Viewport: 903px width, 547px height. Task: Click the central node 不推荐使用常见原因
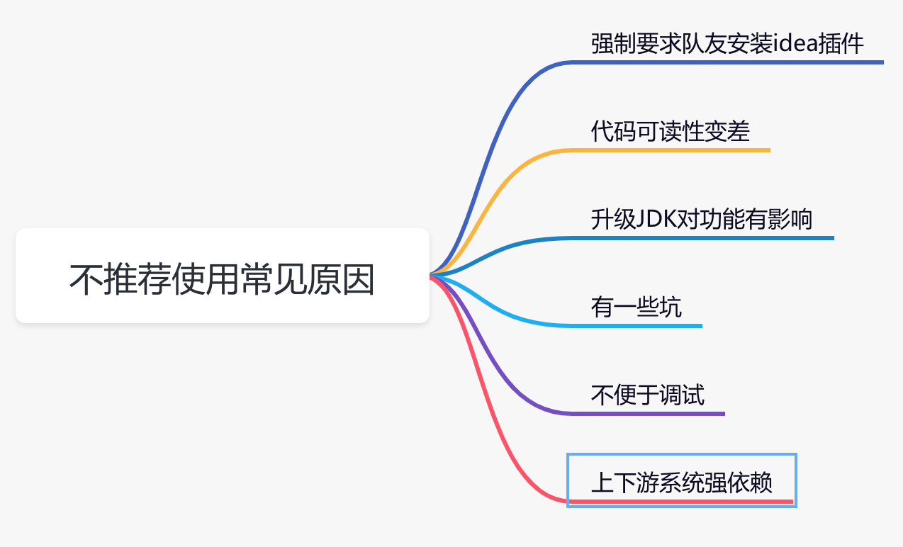pyautogui.click(x=222, y=276)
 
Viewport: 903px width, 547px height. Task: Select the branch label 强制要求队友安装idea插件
pyautogui.click(x=727, y=43)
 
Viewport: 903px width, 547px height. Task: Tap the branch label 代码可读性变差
pyautogui.click(x=671, y=131)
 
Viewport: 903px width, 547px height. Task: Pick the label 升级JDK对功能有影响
pyautogui.click(x=702, y=219)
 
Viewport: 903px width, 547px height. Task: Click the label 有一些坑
pyautogui.click(x=636, y=308)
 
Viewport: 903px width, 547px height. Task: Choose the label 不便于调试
pyautogui.click(x=647, y=395)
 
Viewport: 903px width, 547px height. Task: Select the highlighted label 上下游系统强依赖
pyautogui.click(x=682, y=483)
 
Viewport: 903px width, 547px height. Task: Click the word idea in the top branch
pyautogui.click(x=795, y=43)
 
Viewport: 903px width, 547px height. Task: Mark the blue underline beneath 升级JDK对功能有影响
pyautogui.click(x=702, y=238)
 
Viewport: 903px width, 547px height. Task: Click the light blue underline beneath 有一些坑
pyautogui.click(x=636, y=326)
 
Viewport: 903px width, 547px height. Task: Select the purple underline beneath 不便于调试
pyautogui.click(x=647, y=414)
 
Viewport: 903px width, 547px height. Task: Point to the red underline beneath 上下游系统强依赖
pyautogui.click(x=681, y=502)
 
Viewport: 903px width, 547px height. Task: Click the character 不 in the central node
pyautogui.click(x=86, y=279)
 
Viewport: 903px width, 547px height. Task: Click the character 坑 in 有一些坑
pyautogui.click(x=671, y=308)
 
